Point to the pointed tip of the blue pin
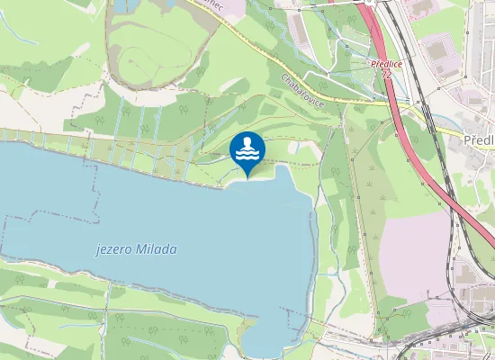[x=247, y=177]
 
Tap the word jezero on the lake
[x=113, y=250]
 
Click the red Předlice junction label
[x=385, y=64]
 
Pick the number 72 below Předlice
[x=386, y=74]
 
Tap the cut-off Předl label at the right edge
[x=480, y=141]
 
